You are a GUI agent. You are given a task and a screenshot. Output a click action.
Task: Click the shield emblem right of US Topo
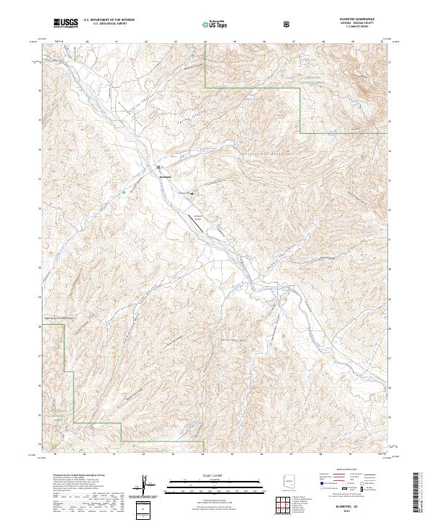pyautogui.click(x=287, y=24)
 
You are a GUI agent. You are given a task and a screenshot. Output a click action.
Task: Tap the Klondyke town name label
pyautogui.click(x=165, y=176)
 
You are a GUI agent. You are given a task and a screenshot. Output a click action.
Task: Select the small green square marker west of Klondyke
pyautogui.click(x=124, y=192)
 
